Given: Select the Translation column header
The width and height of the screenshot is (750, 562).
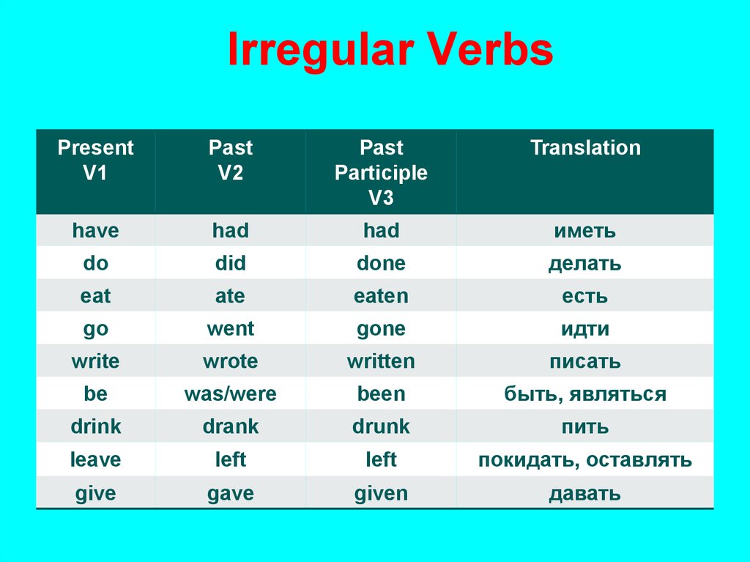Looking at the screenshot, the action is tap(585, 147).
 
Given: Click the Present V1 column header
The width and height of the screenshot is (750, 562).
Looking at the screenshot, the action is tap(95, 160).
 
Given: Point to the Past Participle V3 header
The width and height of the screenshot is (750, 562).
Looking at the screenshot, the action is tap(381, 172).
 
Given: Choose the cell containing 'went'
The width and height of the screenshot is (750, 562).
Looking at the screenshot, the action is tap(231, 329).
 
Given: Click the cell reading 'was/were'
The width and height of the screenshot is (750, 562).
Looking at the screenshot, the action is tap(231, 394).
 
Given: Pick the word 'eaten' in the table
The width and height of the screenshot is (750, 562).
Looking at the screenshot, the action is tap(381, 296).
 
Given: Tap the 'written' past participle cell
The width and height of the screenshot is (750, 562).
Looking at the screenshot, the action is tap(381, 361).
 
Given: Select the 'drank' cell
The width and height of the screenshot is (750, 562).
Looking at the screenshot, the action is tap(231, 426).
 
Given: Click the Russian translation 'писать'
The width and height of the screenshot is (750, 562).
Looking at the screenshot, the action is tap(585, 361).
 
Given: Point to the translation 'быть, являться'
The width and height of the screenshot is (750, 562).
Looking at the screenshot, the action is tap(585, 394).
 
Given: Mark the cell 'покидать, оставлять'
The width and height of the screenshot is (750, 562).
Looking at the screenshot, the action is tap(585, 460).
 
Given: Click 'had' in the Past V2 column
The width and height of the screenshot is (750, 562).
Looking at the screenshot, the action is tap(231, 230).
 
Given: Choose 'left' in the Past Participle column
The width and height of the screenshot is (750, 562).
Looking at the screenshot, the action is tap(381, 459).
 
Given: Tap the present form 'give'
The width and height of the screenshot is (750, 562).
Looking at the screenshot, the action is tap(95, 494).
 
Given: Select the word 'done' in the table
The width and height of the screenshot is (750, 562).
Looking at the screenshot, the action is tap(381, 263).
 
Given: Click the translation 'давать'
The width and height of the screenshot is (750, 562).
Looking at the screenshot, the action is tap(585, 494).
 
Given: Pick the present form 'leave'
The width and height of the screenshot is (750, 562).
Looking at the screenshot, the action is tap(95, 459).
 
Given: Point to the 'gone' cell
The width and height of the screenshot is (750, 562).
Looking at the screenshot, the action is tap(381, 329).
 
